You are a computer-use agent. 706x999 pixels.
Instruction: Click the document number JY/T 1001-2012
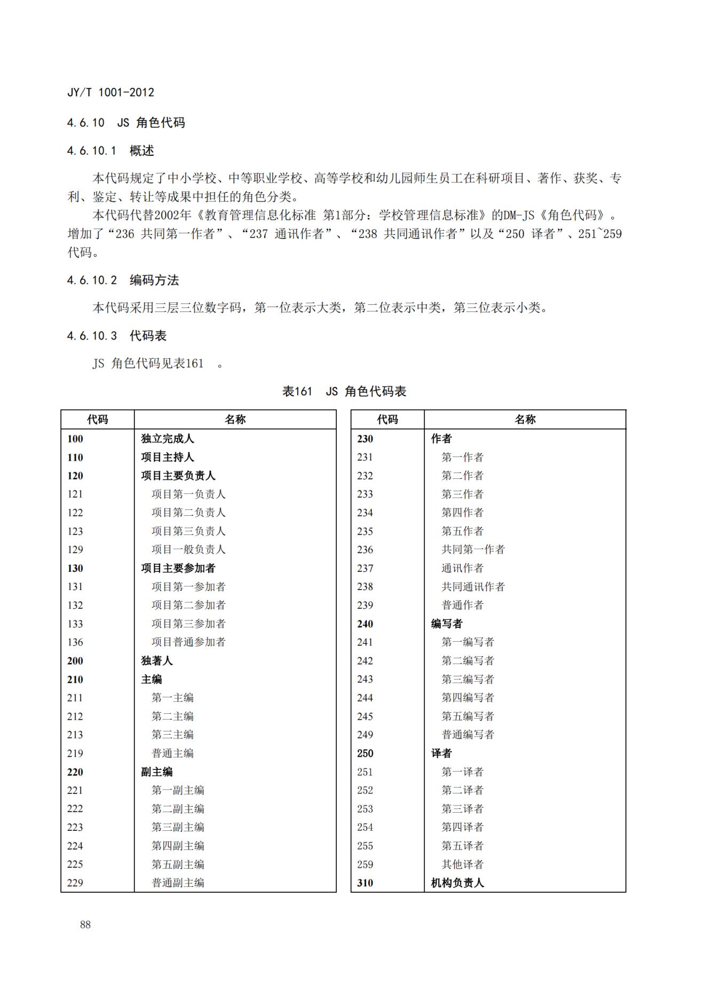110,92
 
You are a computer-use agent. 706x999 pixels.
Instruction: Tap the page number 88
85,925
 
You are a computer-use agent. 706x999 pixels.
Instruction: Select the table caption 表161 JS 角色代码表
344,391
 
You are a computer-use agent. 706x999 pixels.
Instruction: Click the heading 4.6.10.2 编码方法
123,280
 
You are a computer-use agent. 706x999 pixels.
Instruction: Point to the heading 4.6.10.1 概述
110,151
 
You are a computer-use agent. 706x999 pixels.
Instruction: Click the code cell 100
75,439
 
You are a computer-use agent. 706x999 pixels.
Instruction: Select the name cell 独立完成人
168,439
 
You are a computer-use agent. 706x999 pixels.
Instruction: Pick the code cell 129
75,549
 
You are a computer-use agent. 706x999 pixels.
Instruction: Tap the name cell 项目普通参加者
188,642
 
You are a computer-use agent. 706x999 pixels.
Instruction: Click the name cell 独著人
157,661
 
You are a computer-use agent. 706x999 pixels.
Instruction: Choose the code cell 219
75,753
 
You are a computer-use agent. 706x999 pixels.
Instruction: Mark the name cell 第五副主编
178,864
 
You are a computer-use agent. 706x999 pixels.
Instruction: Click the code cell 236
365,549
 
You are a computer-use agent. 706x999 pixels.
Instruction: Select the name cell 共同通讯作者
473,587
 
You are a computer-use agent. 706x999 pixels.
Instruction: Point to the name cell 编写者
447,624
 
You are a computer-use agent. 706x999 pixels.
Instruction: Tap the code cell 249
365,735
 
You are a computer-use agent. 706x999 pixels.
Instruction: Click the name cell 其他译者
462,864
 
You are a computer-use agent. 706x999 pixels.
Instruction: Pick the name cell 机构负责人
457,883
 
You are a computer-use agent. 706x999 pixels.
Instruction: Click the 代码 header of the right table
387,420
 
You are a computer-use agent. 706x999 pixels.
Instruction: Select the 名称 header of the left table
235,420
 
